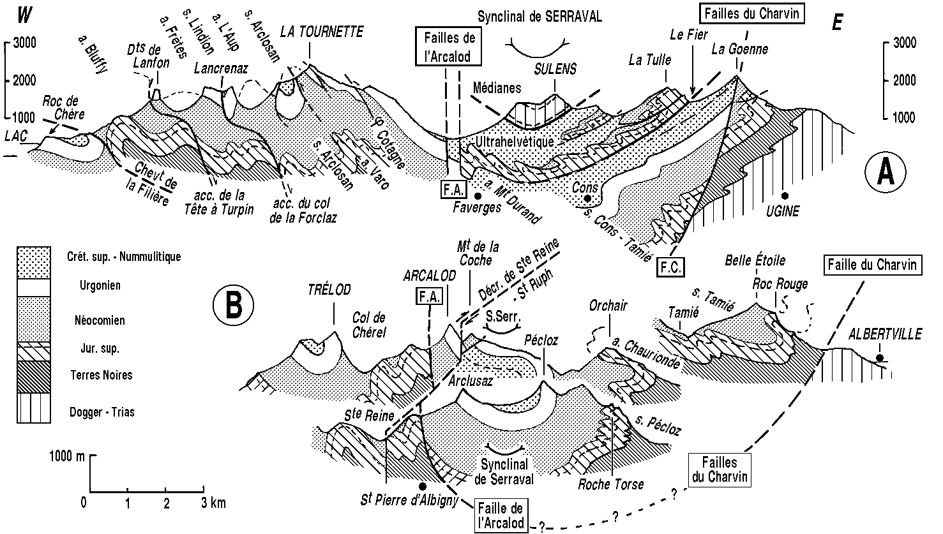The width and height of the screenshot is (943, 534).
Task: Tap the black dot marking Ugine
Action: coord(785,195)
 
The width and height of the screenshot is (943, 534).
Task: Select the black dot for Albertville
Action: coord(880,358)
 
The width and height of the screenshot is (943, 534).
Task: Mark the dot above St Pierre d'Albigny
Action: coord(421,486)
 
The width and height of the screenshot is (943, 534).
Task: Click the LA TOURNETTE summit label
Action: coord(321,31)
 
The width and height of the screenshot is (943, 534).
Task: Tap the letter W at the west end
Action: coord(24,13)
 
